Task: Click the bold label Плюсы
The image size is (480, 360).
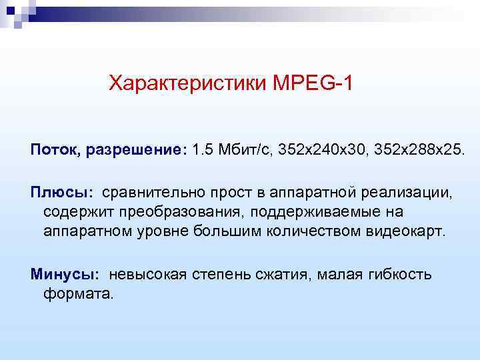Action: coord(61,193)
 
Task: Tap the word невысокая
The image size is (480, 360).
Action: coord(147,274)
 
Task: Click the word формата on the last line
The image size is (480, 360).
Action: coord(79,293)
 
